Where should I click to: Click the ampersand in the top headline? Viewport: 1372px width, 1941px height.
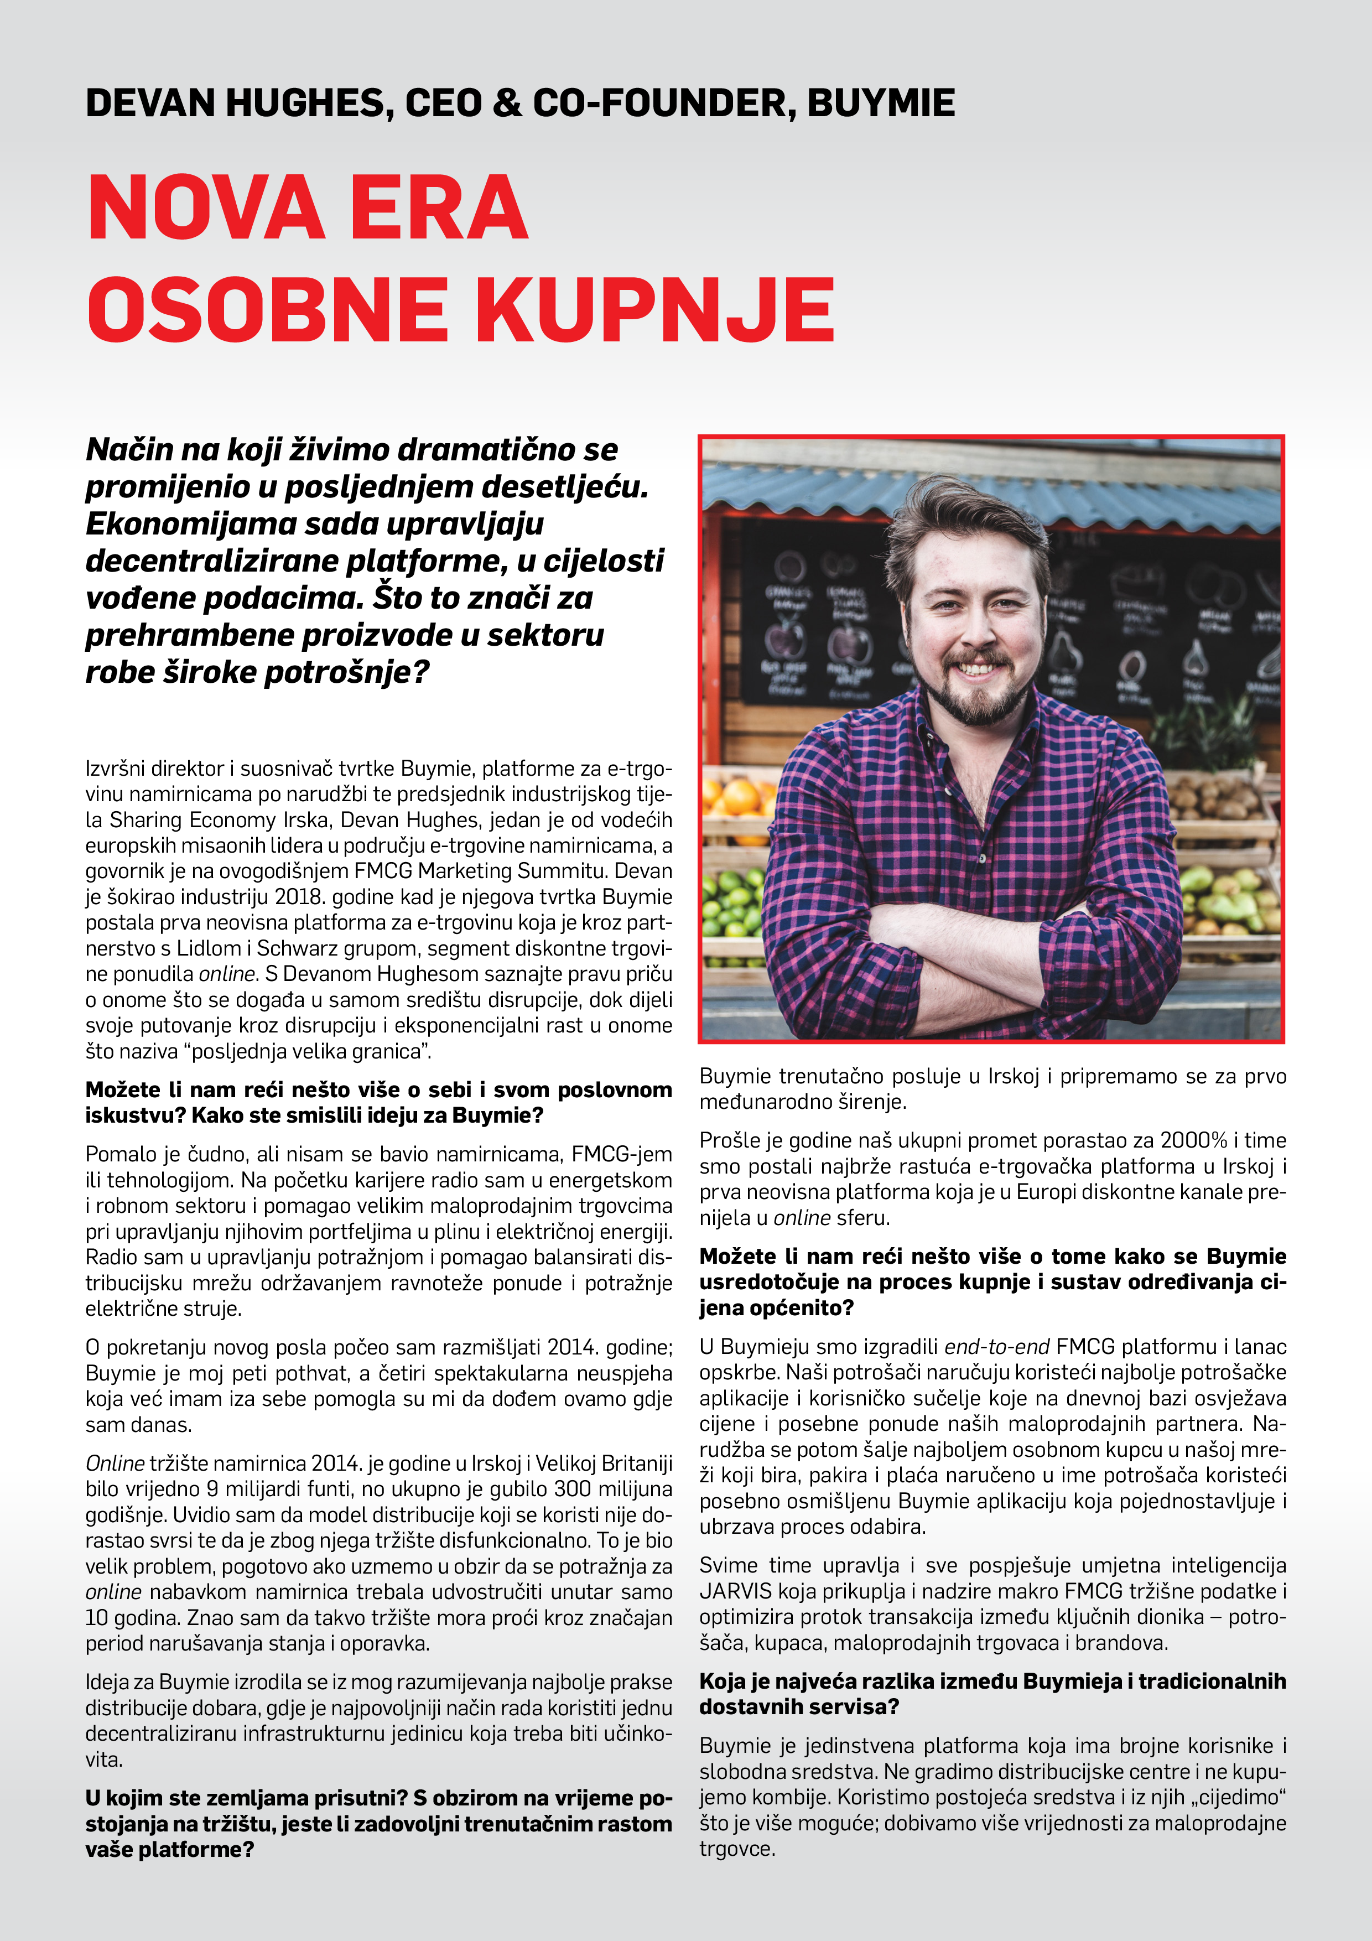[506, 103]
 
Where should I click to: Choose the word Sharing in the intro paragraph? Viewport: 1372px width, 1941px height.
[145, 820]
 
